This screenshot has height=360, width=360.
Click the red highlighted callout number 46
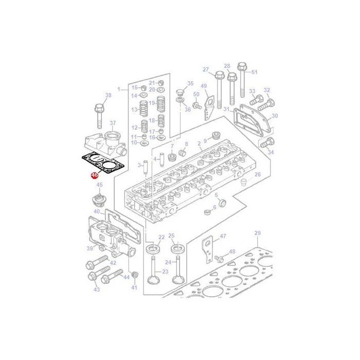pyautogui.click(x=95, y=175)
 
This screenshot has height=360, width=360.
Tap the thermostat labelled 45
pyautogui.click(x=98, y=200)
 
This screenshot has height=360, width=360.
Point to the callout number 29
pyautogui.click(x=258, y=233)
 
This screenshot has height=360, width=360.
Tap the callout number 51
pyautogui.click(x=254, y=72)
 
